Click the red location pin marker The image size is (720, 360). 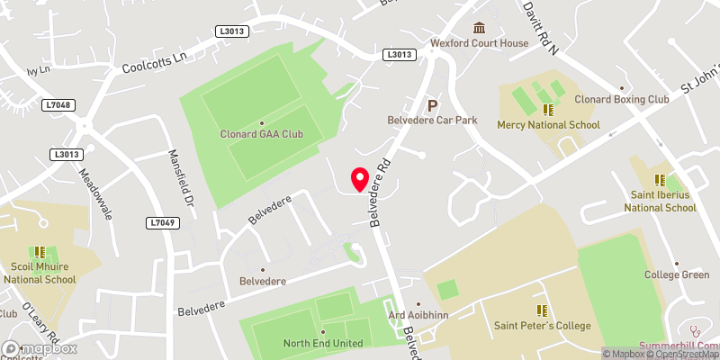(360, 179)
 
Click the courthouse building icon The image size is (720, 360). (479, 28)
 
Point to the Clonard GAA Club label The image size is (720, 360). (261, 134)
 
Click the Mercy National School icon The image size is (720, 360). (547, 111)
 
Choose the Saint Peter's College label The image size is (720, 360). (542, 325)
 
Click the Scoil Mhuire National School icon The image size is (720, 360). (40, 254)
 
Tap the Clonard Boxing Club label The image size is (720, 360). (622, 100)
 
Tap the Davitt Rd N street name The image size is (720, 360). (540, 27)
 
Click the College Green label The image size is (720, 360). (676, 274)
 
